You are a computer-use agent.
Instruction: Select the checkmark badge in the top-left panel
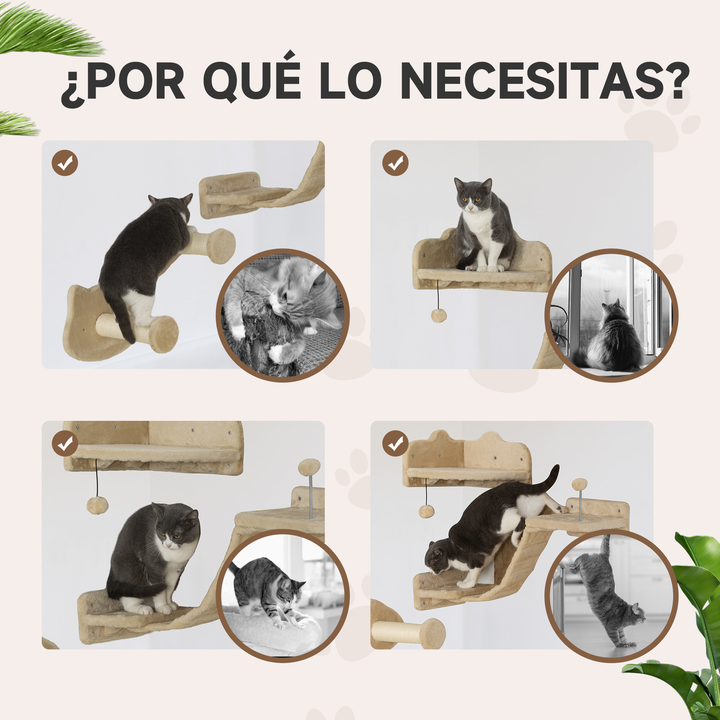click(x=65, y=163)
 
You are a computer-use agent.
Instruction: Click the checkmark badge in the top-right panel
click(x=395, y=163)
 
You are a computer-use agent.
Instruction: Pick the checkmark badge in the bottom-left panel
click(x=65, y=444)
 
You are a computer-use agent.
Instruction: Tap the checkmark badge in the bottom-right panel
click(x=395, y=444)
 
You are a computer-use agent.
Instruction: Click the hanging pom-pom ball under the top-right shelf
click(x=438, y=316)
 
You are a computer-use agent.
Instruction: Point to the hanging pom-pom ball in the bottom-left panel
click(x=97, y=506)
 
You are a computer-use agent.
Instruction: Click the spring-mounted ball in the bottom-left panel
click(x=309, y=467)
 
